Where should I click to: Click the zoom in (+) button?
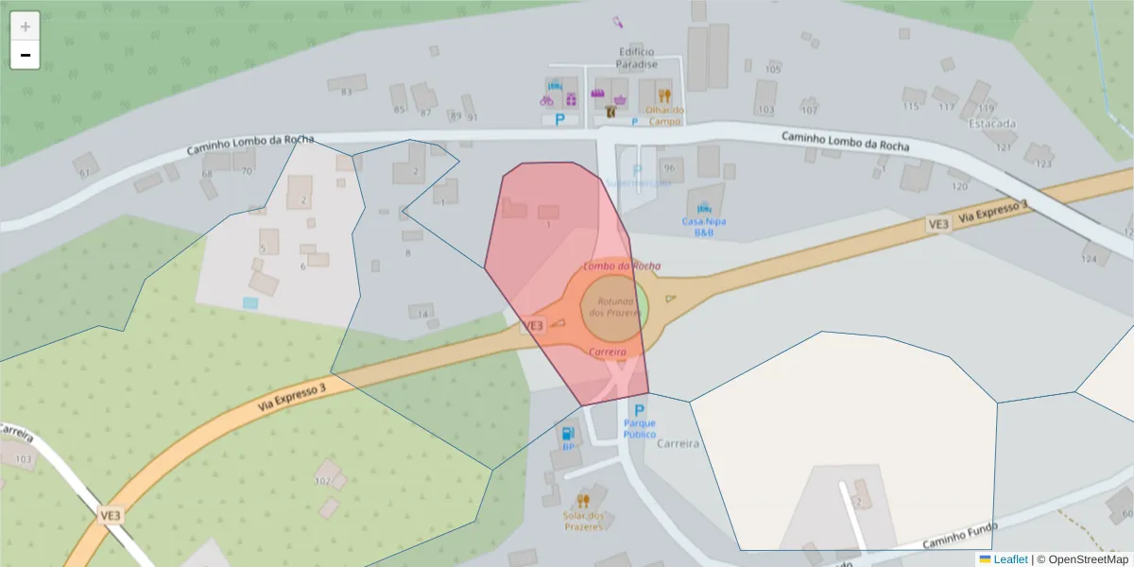pos(25,26)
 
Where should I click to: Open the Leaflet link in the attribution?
pos(1009,559)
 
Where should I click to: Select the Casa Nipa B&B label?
pos(704,226)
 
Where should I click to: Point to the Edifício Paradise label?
pos(636,58)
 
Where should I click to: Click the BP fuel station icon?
pos(568,433)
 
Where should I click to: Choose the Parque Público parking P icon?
pos(639,411)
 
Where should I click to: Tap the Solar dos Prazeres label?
pos(583,521)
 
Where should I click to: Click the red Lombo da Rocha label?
pos(622,266)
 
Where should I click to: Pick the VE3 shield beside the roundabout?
pos(533,325)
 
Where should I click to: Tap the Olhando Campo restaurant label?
pos(664,115)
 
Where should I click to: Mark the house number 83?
pos(346,91)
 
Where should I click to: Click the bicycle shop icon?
pos(547,99)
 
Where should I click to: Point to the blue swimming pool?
pos(249,302)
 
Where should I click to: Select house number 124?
pos(1089,258)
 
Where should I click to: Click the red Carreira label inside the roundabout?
pos(608,352)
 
